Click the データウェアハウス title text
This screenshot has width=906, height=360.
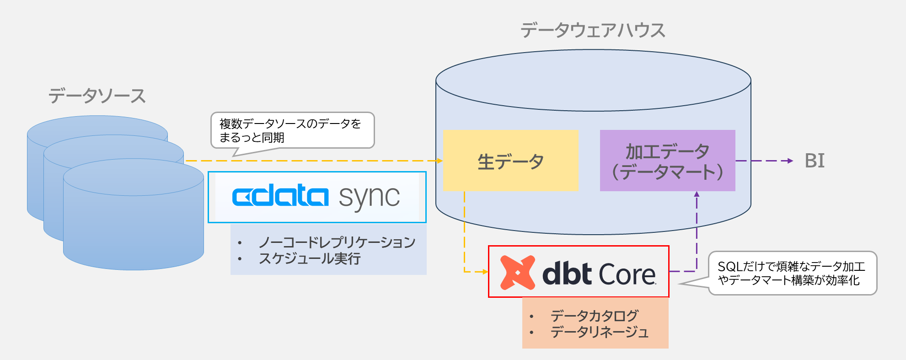(593, 30)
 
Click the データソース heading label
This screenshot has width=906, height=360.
(97, 96)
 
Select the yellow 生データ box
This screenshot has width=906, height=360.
(511, 161)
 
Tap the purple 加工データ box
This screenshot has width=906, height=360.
(667, 161)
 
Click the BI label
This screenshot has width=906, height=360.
(815, 161)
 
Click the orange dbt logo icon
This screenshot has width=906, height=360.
(517, 273)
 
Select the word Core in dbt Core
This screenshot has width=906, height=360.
(627, 274)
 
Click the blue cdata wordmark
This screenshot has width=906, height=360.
(280, 196)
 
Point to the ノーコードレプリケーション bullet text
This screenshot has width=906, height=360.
(337, 242)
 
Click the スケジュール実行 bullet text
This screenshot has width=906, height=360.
(310, 258)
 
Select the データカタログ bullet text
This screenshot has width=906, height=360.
(594, 316)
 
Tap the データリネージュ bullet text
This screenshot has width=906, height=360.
(599, 332)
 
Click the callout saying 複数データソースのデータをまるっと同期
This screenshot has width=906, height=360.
(292, 130)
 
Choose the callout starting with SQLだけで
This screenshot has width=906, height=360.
(792, 273)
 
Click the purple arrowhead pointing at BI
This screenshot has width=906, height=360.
(790, 161)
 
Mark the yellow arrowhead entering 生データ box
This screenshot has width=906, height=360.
(440, 161)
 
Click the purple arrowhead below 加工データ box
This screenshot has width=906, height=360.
(697, 194)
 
